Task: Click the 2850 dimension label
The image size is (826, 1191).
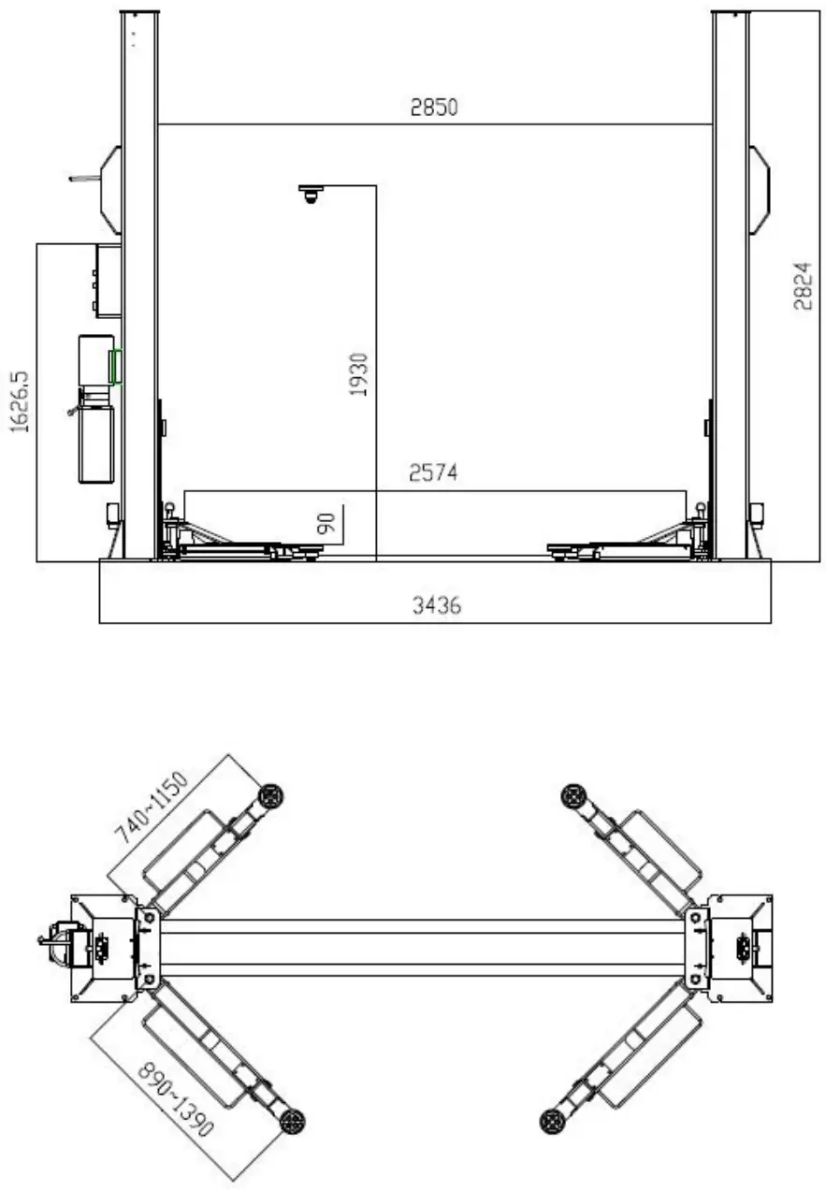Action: (434, 107)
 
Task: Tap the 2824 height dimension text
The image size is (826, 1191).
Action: (803, 287)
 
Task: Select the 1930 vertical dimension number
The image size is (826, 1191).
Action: (359, 373)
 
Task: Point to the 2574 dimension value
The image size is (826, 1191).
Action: (434, 473)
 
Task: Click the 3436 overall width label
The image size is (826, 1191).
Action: (437, 605)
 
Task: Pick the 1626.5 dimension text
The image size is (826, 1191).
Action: (20, 400)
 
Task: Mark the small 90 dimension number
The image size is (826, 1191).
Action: (326, 524)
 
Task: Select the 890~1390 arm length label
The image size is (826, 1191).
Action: (176, 1098)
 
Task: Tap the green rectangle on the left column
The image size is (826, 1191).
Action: (116, 366)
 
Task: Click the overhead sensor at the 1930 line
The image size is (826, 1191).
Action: (311, 194)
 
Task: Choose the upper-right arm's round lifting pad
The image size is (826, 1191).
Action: (572, 796)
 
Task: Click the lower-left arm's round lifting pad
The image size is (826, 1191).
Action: (293, 1119)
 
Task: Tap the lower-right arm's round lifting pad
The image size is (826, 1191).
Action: (553, 1120)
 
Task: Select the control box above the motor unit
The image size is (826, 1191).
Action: (108, 280)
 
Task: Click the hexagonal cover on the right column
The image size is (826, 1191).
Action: (759, 190)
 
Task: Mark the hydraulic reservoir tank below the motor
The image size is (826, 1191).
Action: (96, 443)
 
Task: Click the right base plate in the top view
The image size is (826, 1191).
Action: (739, 948)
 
